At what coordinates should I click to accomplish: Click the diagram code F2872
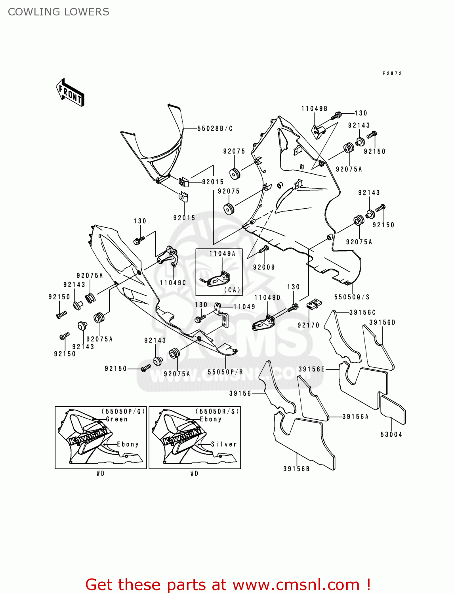(392, 73)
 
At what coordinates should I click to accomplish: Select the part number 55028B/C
(215, 128)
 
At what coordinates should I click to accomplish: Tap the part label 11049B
(314, 109)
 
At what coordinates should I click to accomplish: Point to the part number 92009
(264, 267)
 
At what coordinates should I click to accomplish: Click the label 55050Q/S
(352, 297)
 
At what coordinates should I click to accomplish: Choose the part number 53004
(391, 434)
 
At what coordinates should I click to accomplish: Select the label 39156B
(296, 469)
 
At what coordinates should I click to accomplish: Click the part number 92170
(308, 325)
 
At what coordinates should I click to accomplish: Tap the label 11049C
(173, 283)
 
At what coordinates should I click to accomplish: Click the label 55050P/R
(225, 372)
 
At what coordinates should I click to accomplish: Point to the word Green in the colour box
(117, 419)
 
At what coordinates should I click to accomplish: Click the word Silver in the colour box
(224, 444)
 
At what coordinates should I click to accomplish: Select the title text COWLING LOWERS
(59, 12)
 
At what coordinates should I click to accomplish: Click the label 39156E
(311, 369)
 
